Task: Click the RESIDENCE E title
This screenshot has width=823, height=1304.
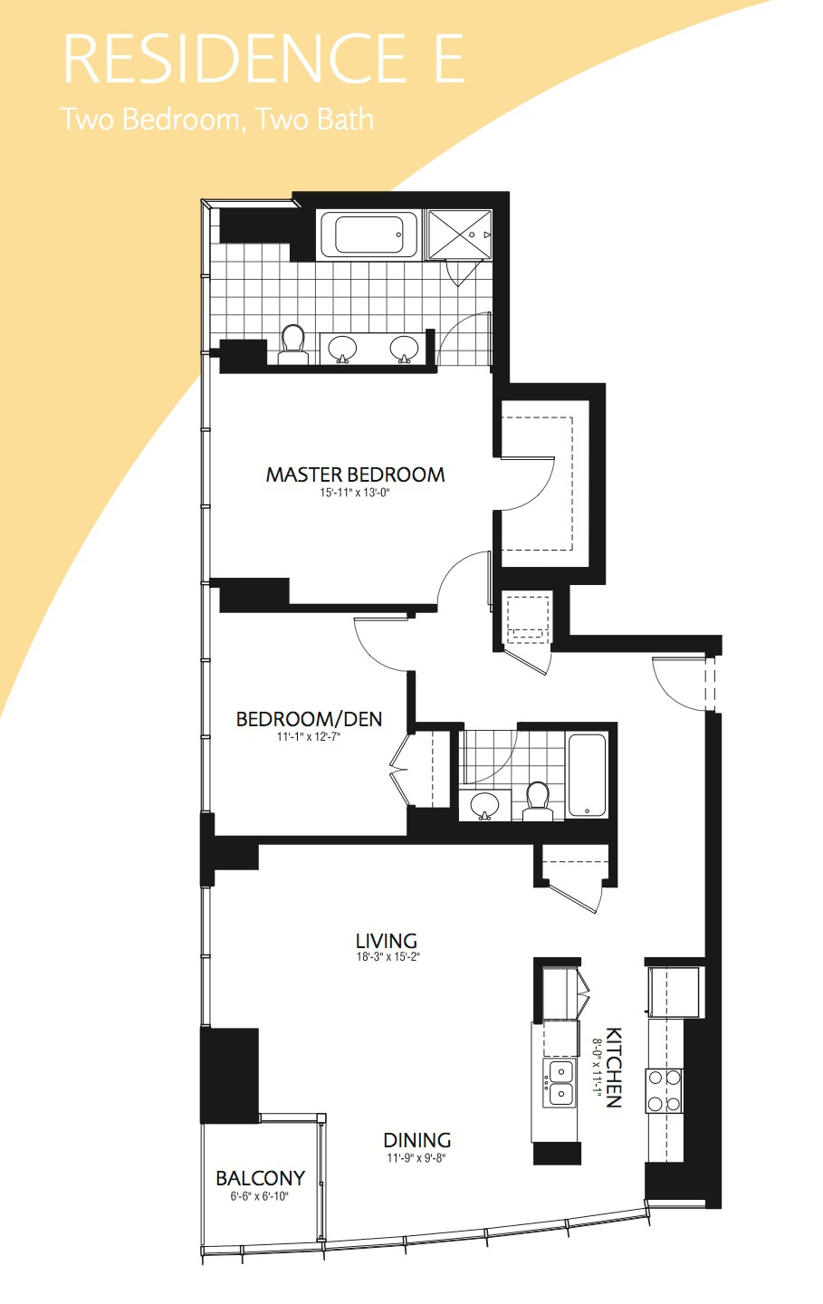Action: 263,59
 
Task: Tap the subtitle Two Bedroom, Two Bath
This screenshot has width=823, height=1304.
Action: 217,120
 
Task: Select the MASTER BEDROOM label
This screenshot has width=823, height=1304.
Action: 355,475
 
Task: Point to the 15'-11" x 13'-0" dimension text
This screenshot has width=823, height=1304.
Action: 355,493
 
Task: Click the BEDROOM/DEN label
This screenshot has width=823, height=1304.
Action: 309,719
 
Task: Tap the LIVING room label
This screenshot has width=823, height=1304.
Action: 387,940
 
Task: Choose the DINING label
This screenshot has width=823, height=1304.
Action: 416,1140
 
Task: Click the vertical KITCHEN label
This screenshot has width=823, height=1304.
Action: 614,1067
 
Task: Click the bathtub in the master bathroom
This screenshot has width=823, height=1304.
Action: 368,235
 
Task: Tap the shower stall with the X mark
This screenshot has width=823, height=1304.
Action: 460,234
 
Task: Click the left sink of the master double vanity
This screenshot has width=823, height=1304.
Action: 342,350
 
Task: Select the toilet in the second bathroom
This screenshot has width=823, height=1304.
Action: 537,801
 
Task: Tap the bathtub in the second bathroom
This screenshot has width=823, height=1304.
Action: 588,775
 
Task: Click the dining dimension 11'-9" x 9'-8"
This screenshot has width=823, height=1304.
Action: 416,1158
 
